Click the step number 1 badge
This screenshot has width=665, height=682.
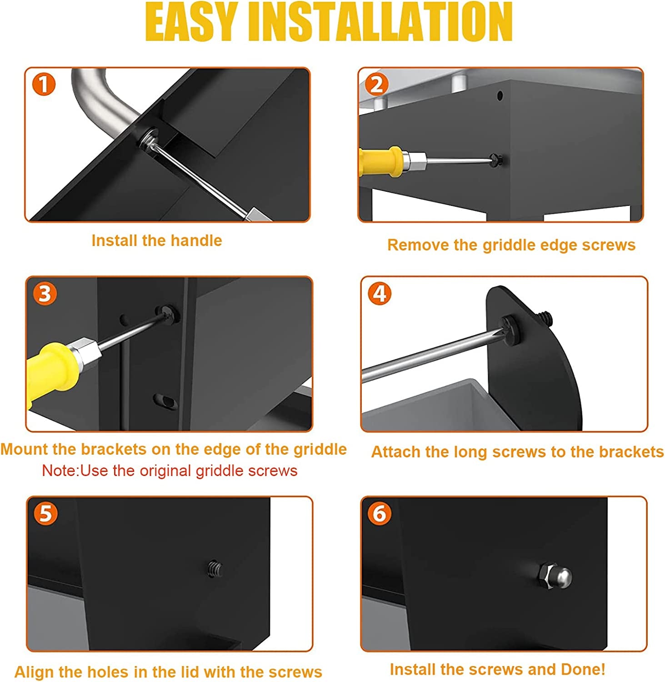44,85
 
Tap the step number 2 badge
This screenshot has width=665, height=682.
377,85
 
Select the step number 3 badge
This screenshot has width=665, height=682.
45,294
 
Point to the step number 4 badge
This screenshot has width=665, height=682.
380,294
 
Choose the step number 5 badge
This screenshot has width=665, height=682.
46,514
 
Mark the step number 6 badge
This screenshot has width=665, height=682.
380,514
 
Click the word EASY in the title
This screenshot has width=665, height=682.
193,22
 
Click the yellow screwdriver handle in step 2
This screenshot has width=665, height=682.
380,161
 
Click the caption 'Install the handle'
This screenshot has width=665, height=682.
157,241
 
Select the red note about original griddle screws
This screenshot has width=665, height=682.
170,471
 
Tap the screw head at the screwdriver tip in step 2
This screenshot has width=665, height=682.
495,159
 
